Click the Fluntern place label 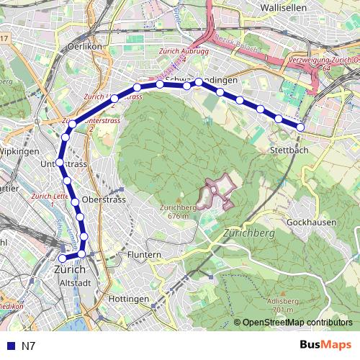click(x=143, y=255)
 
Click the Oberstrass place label click(x=104, y=199)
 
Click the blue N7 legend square click(x=9, y=346)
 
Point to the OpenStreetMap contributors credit click(x=297, y=323)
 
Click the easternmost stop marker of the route click(x=300, y=127)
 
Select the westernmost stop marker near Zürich click(x=63, y=258)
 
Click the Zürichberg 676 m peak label click(x=174, y=211)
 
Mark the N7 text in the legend click(x=28, y=346)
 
